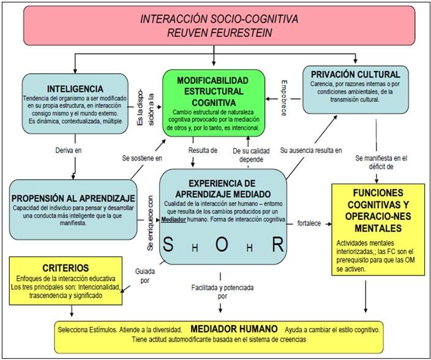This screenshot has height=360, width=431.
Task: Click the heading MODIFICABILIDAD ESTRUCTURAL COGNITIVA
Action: (x=214, y=91)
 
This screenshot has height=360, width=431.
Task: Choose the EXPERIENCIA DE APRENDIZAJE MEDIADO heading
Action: (x=222, y=187)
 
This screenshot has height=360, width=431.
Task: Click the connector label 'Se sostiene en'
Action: (x=142, y=158)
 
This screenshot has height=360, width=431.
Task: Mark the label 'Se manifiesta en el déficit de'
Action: (x=383, y=162)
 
